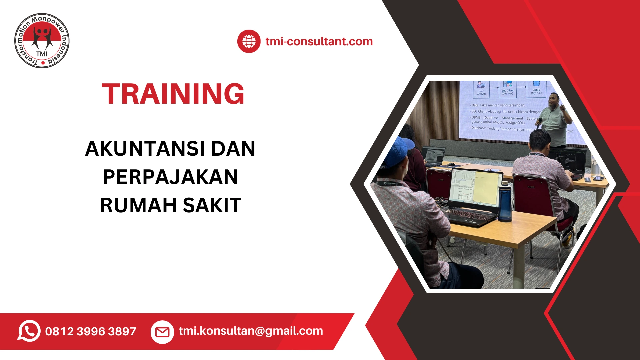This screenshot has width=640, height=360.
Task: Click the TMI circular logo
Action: click(42, 41)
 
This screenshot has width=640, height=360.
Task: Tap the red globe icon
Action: click(249, 41)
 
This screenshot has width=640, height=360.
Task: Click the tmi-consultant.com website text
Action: click(319, 41)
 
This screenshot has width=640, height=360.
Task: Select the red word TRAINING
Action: click(173, 94)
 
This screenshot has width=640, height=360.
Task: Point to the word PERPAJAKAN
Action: click(170, 177)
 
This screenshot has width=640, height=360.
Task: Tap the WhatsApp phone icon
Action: click(29, 331)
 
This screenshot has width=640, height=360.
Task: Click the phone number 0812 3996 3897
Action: click(91, 331)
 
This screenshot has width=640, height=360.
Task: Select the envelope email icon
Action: click(162, 332)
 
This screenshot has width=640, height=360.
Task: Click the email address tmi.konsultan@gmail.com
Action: click(251, 331)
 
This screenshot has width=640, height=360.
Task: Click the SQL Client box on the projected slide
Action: click(507, 89)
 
